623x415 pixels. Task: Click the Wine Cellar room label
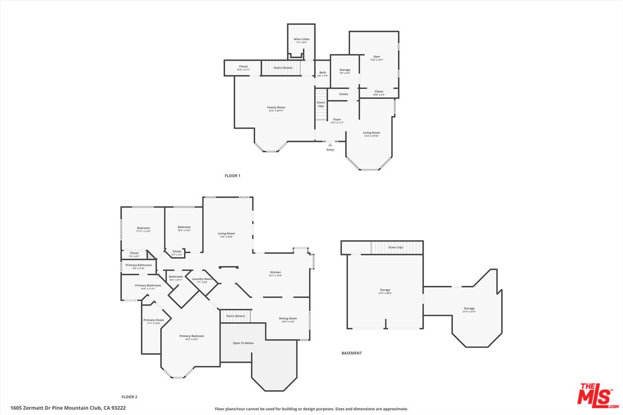pos(302,39)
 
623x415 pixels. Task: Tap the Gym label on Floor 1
pos(376,57)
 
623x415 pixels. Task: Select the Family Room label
pos(276,108)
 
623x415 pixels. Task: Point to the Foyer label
pos(336,120)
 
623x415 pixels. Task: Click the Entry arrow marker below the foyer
pos(330,145)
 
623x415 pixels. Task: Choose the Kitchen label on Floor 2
pos(276,272)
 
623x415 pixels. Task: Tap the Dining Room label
pos(288,319)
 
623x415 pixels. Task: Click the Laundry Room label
pos(202,279)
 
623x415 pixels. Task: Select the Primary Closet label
pos(153,320)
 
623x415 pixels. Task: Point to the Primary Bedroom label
pos(192,336)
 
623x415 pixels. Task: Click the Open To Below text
pos(243,343)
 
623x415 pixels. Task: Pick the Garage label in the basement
pos(385,290)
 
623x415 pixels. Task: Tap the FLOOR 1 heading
pos(232,175)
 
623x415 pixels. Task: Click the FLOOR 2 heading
pos(129,397)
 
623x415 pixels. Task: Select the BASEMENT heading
pos(351,353)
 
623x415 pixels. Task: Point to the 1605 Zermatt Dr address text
pos(63,408)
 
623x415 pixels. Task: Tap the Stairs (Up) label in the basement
pos(396,247)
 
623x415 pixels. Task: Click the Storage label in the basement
pos(468,308)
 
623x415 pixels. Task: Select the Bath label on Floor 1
pos(322,73)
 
